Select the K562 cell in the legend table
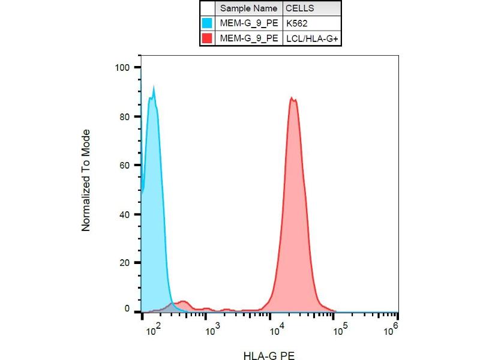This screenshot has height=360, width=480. click(x=298, y=24)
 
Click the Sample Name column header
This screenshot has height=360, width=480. click(x=248, y=9)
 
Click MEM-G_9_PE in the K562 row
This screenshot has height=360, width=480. click(x=248, y=24)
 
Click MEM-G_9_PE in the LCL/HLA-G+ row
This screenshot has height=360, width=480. click(x=248, y=38)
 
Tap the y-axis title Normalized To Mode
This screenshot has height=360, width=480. click(x=86, y=180)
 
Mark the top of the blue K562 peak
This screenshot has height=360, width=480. click(x=154, y=88)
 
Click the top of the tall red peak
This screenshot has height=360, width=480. click(x=292, y=98)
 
